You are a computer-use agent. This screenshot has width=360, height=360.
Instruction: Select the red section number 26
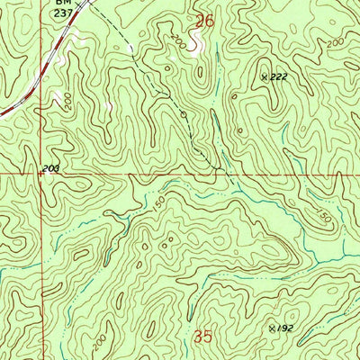pyautogui.click(x=205, y=20)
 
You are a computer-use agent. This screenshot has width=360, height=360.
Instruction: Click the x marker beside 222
pyautogui.click(x=265, y=78)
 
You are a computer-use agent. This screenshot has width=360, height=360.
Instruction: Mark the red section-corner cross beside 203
pyautogui.click(x=40, y=174)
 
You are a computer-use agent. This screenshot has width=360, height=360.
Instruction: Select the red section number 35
pyautogui.click(x=204, y=337)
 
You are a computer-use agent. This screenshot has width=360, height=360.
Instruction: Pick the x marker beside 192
pyautogui.click(x=271, y=330)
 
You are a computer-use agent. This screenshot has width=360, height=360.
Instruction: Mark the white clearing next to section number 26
pyautogui.click(x=196, y=50)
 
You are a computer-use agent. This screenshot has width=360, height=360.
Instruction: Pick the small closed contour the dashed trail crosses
pyautogui.click(x=183, y=114)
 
